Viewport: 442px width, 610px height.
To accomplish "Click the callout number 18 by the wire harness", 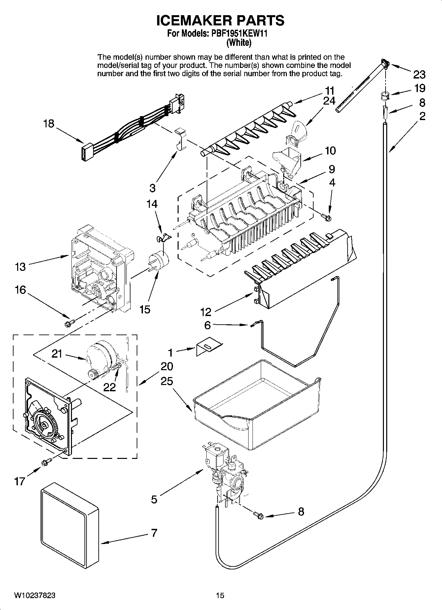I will (x=49, y=124).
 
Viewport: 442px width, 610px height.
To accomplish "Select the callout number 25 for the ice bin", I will (x=167, y=381).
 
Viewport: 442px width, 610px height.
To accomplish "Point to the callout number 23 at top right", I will (x=419, y=75).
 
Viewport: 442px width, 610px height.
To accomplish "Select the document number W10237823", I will (x=35, y=595).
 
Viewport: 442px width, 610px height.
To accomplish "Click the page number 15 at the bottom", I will (x=220, y=595).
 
